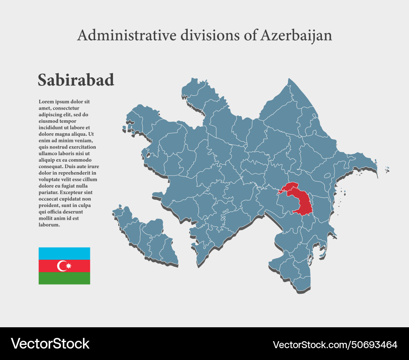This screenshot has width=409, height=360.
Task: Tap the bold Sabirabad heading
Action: (x=76, y=80)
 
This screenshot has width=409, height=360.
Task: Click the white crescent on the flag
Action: (x=63, y=266)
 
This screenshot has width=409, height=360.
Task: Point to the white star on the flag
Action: (x=68, y=266)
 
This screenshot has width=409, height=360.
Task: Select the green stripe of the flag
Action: (x=64, y=278)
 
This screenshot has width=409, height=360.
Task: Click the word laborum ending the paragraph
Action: (x=49, y=225)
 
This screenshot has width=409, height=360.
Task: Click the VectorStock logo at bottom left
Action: (x=50, y=344)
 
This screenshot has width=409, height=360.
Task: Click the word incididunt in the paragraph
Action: (x=52, y=128)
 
